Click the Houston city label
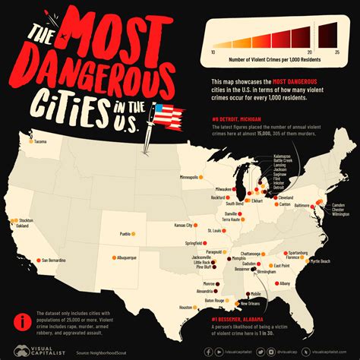(185, 307)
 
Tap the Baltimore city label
(301, 205)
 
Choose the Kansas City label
(183, 225)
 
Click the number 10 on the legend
(213, 51)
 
